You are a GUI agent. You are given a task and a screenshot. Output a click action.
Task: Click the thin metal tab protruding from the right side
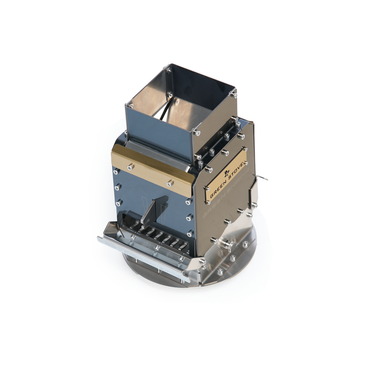[x=262, y=178]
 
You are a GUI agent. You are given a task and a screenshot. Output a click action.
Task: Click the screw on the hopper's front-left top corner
[x=131, y=104]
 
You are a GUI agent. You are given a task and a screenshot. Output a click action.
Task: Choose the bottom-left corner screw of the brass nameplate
[x=208, y=202]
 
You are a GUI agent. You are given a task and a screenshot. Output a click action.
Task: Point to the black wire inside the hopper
[x=162, y=113]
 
